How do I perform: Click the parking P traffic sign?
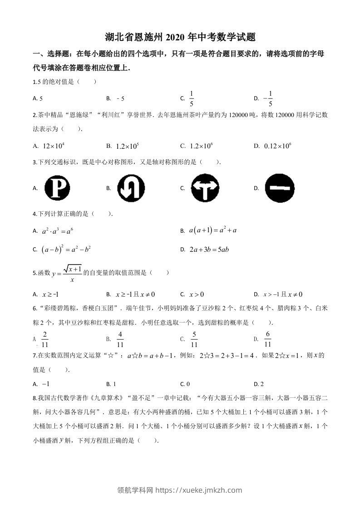point(58,188)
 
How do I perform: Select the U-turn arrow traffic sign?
point(131,188)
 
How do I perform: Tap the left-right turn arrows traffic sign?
point(205,188)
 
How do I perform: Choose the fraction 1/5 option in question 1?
point(192,98)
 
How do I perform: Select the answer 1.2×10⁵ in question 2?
point(127,146)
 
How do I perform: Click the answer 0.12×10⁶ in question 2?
point(277,146)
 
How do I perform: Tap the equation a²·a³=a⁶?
point(57,231)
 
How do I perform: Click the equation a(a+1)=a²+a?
point(213,231)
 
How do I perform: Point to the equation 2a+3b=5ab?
point(209,250)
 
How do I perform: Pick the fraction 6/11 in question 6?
point(268,339)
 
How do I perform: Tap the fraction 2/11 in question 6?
point(44,339)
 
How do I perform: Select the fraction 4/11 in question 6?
point(120,339)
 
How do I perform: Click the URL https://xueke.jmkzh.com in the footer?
point(198,490)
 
